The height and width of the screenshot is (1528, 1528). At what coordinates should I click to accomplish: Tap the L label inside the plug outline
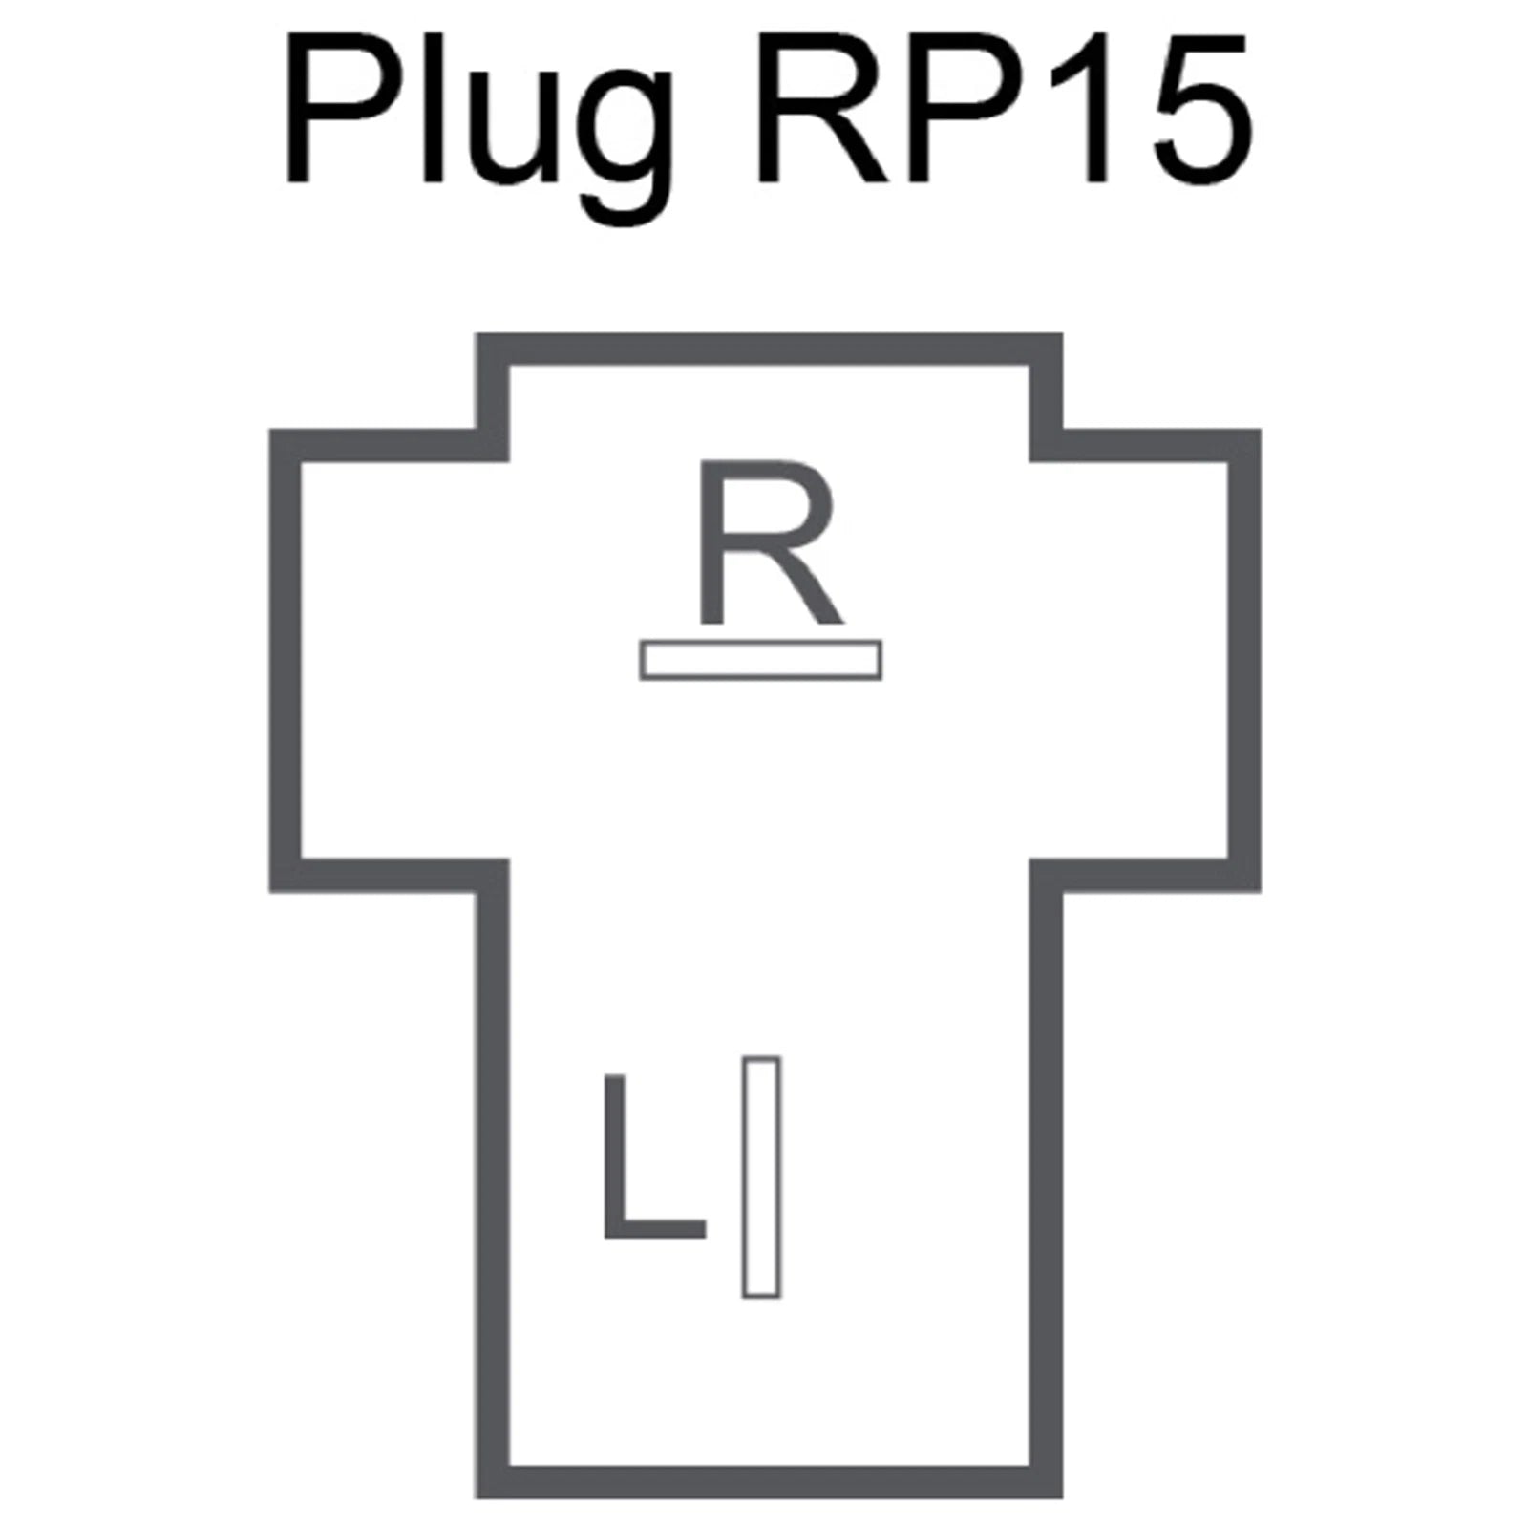(653, 1156)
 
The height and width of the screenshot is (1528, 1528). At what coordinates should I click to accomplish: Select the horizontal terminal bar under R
(760, 661)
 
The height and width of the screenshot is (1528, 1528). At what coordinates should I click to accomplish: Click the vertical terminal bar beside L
(761, 1177)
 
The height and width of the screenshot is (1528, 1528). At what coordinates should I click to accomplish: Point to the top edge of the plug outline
(770, 349)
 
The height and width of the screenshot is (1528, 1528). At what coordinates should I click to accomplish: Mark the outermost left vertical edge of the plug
(286, 660)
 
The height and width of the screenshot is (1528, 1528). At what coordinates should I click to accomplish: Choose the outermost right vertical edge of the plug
(1244, 660)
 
